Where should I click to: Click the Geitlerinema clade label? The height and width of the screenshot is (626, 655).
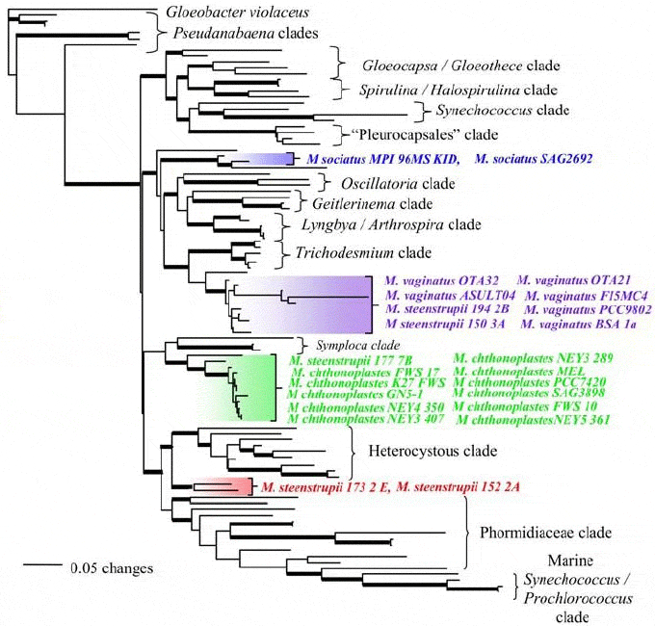(372, 204)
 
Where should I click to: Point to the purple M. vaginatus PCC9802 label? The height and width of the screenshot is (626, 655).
(588, 310)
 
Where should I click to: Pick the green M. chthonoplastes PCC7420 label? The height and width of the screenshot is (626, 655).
(522, 381)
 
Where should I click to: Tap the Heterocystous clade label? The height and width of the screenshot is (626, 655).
(432, 451)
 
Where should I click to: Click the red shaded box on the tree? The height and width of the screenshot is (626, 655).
(223, 487)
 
